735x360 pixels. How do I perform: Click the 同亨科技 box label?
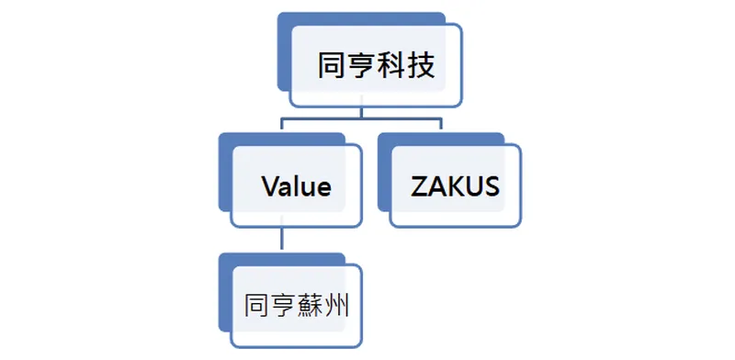(x=376, y=66)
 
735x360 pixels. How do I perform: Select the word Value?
(x=296, y=187)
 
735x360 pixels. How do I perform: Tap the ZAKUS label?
(x=455, y=187)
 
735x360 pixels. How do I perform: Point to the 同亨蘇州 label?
(x=296, y=305)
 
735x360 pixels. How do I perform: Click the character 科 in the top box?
(x=390, y=66)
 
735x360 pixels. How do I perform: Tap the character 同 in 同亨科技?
(x=332, y=66)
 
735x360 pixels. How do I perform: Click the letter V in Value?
(x=269, y=187)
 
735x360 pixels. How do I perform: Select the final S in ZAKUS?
(x=491, y=187)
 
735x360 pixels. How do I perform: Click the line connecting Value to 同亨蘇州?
(x=281, y=241)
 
